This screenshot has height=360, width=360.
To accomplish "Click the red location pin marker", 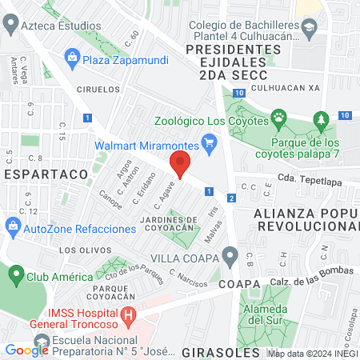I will [180, 164].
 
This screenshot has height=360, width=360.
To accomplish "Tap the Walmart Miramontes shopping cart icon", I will [210, 146].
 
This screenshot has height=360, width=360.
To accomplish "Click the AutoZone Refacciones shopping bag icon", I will [13, 229].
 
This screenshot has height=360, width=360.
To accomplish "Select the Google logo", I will [26, 350].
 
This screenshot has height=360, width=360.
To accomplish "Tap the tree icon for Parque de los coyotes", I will [322, 121].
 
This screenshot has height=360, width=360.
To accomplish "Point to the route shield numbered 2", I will [230, 198].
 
